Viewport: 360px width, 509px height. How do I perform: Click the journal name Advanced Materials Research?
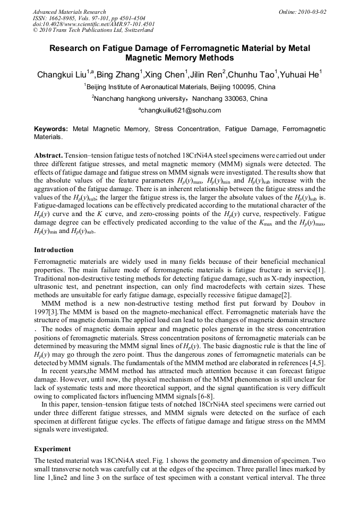(x=69, y=12)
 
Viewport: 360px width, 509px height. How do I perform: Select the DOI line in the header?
(x=94, y=24)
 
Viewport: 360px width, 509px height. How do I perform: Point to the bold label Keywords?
(x=51, y=129)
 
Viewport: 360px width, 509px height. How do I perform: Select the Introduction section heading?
(x=54, y=249)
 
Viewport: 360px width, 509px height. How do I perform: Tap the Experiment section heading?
(x=52, y=448)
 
